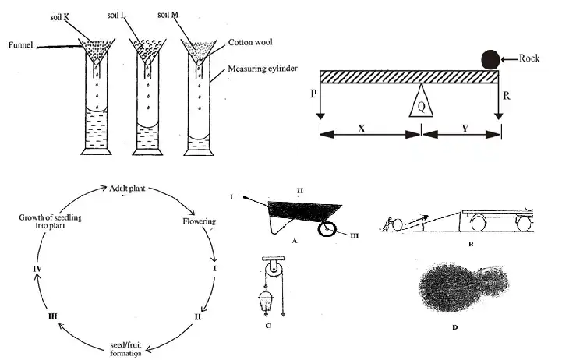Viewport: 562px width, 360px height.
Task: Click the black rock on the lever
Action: pos(490,58)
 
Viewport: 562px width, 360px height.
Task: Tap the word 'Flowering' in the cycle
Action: pos(198,221)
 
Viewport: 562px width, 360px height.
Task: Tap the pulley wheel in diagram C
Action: pos(272,269)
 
